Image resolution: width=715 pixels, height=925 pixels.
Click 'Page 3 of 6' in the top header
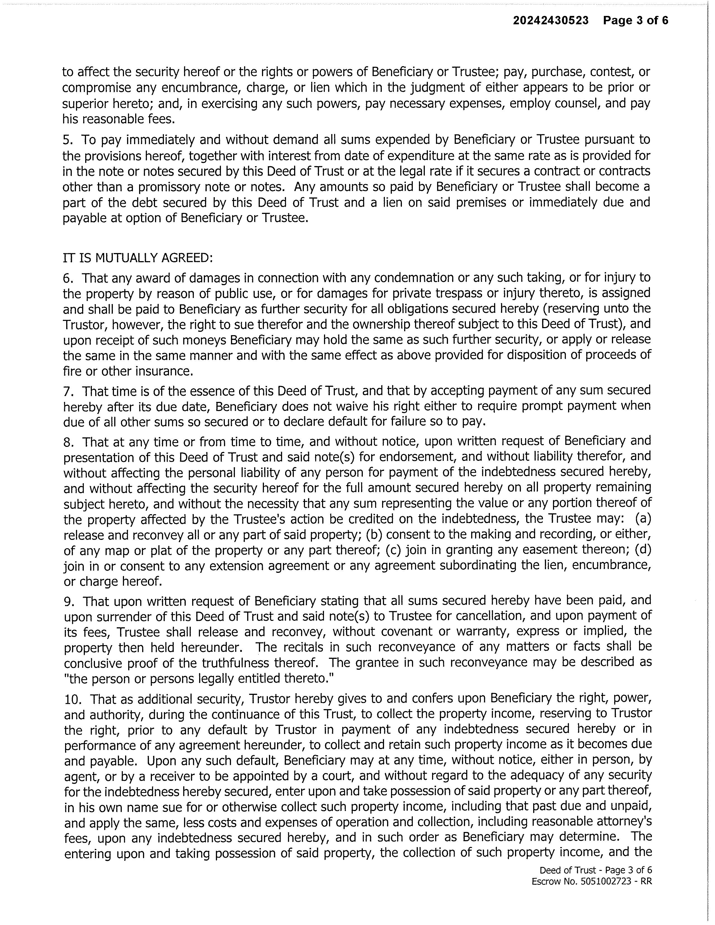tap(635, 20)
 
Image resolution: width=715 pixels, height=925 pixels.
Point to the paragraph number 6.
tap(68, 278)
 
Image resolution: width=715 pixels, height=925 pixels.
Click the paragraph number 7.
tap(68, 390)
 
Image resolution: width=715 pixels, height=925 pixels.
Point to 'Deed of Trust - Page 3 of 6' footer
tap(595, 870)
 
